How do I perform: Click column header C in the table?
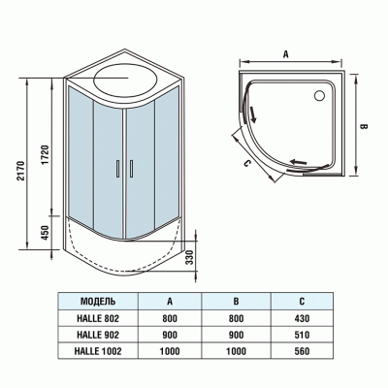pos(303,300)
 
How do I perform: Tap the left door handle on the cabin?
pos(116,167)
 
